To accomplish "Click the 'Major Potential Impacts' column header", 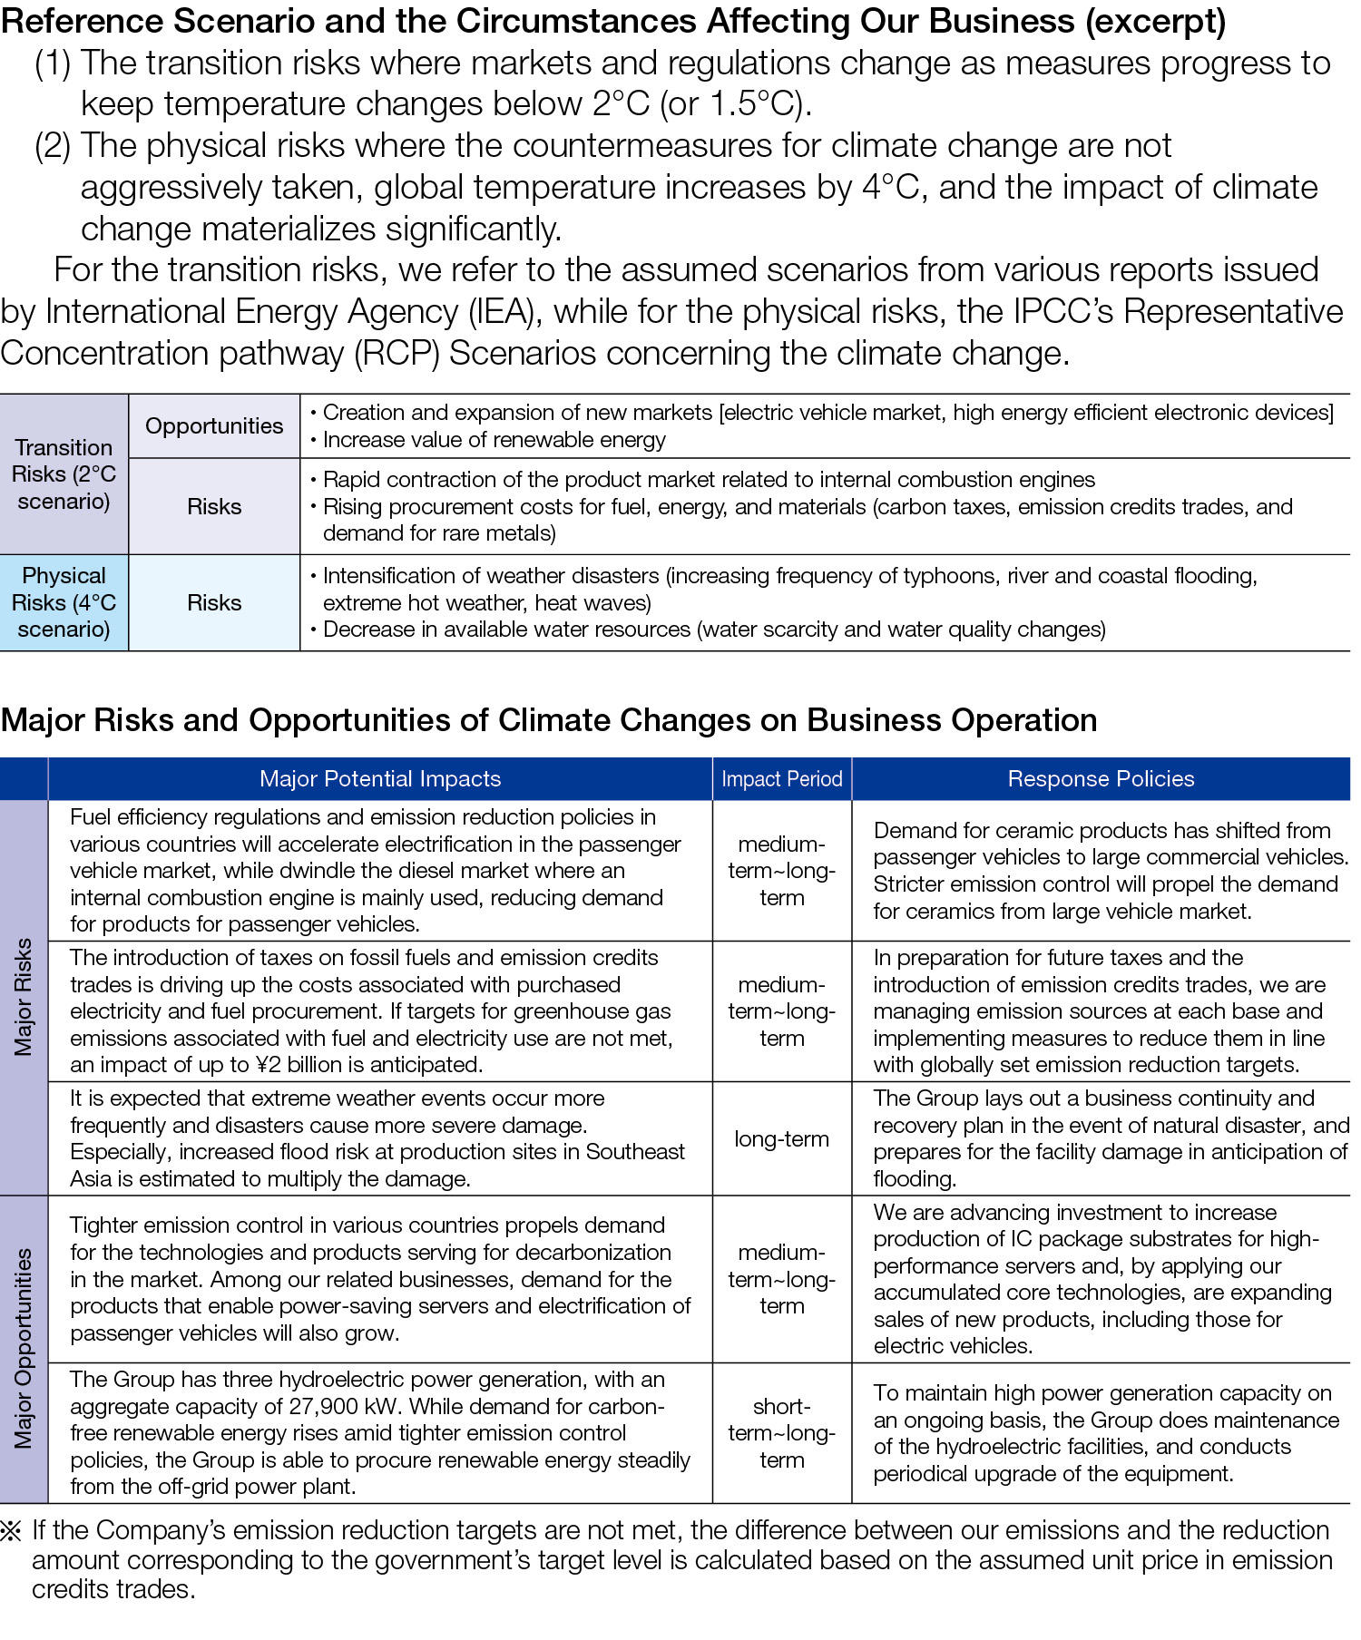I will point(379,779).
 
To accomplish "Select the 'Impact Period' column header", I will point(781,779).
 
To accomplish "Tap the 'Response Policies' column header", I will point(1101,779).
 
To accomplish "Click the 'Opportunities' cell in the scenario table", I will point(214,426).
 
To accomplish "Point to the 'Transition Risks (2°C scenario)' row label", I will point(64,474).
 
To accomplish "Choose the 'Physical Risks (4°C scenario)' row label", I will point(64,602).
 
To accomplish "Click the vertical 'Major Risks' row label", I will point(24,998).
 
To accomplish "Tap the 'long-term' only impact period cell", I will point(781,1139).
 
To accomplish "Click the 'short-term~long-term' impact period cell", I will point(781,1433).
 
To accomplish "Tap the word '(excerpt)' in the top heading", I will point(1155,21).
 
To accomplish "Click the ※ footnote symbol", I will point(12,1531).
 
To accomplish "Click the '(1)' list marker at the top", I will point(53,63).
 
